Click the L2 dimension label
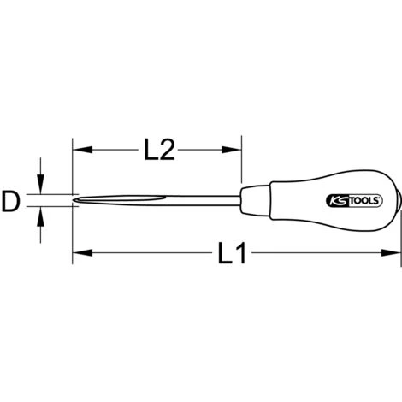click(159, 150)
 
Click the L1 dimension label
click(232, 253)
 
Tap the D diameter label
click(11, 201)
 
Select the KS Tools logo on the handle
click(353, 201)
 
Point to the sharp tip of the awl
click(74, 200)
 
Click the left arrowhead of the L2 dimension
click(83, 150)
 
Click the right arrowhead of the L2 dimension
click(232, 150)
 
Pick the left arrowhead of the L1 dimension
click(83, 252)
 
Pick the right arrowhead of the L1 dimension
click(391, 252)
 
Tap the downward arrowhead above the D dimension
click(41, 184)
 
